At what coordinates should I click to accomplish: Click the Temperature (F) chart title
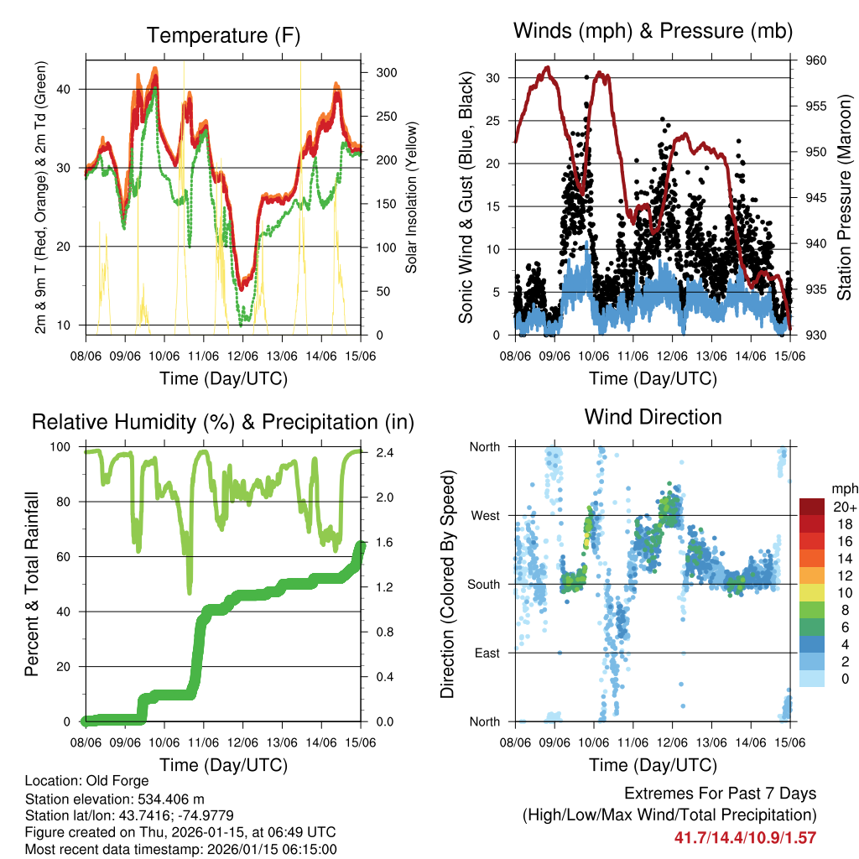point(223,36)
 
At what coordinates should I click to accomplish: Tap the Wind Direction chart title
point(653,417)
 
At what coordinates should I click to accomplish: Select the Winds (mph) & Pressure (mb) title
point(653,32)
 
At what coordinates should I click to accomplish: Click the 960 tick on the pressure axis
point(805,60)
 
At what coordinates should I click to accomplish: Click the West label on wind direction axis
point(484,515)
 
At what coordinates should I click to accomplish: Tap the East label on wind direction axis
point(486,653)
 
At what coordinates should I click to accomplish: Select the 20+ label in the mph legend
point(844,507)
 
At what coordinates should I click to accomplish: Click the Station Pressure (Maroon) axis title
point(844,198)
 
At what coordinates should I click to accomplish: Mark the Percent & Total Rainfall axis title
point(32,584)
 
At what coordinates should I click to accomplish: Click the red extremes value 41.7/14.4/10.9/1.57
point(745,837)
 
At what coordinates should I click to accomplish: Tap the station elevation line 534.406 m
point(115,799)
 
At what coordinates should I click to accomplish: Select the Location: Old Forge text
point(87,781)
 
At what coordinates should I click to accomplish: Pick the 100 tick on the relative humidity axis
point(64,447)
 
